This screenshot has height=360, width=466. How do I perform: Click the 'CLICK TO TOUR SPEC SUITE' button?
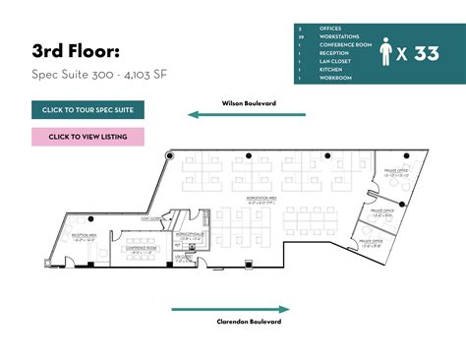(87, 109)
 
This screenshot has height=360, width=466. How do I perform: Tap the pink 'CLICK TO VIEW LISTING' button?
(87, 137)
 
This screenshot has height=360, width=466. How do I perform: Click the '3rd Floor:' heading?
(78, 50)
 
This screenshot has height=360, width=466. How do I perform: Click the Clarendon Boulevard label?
(250, 322)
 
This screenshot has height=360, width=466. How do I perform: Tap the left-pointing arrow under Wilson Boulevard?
(246, 114)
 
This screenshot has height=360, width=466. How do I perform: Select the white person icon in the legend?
(389, 54)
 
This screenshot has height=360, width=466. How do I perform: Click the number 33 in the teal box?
(426, 54)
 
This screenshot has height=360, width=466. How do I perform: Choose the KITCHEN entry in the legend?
(329, 70)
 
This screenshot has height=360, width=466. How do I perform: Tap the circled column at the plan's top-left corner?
(170, 154)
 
